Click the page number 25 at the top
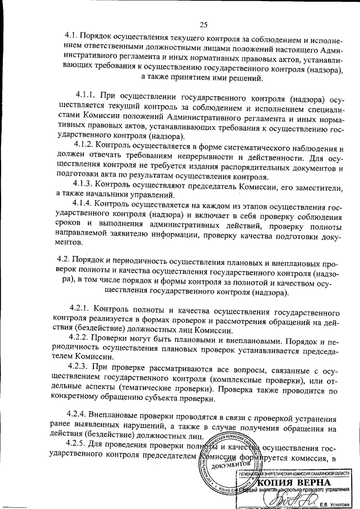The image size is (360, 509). pyautogui.click(x=203, y=23)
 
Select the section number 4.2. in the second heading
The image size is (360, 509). pyautogui.click(x=67, y=259)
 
